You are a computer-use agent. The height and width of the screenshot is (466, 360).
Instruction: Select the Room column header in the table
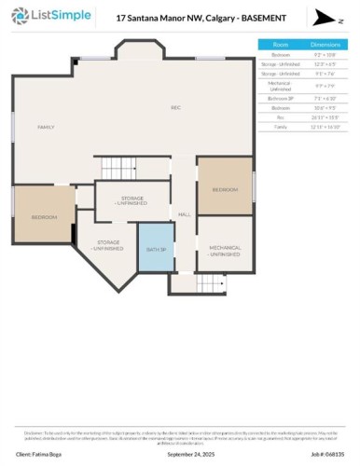pyautogui.click(x=280, y=44)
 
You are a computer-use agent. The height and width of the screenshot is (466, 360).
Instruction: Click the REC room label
pyautogui.click(x=174, y=109)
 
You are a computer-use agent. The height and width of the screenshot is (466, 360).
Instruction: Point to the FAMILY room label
pyautogui.click(x=46, y=127)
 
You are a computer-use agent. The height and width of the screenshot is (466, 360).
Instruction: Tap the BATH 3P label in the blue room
pyautogui.click(x=156, y=249)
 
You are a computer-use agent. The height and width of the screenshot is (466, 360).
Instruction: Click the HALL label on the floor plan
pyautogui.click(x=184, y=213)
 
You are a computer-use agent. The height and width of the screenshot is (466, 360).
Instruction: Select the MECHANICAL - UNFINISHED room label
pyautogui.click(x=225, y=251)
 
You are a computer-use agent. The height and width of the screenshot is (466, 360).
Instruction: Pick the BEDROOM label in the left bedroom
pyautogui.click(x=44, y=217)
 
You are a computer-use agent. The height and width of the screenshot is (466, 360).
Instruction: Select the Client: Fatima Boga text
pyautogui.click(x=36, y=455)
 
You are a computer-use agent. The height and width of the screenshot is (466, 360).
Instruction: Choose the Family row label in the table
pyautogui.click(x=280, y=127)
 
